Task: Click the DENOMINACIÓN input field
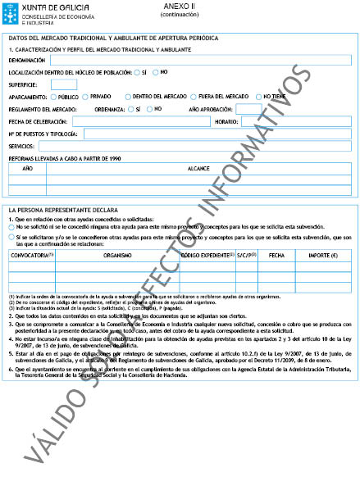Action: (202, 60)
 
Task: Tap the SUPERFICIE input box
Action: (64, 84)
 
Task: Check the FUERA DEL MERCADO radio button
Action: (193, 97)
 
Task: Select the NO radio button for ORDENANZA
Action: (147, 109)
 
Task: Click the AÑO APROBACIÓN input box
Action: (248, 109)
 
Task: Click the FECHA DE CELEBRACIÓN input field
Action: (141, 121)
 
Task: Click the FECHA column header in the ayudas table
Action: (276, 256)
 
